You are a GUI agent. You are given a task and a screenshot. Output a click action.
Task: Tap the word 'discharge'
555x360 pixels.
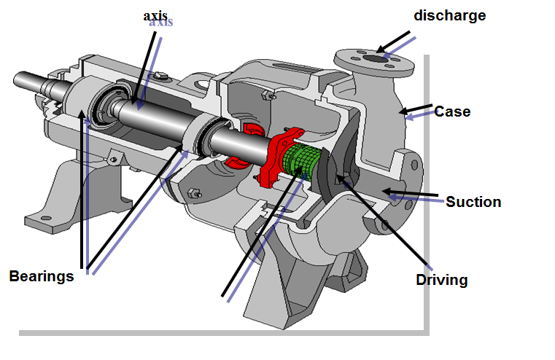pyautogui.click(x=449, y=15)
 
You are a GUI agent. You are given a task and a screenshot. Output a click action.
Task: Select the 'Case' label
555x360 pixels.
pyautogui.click(x=452, y=112)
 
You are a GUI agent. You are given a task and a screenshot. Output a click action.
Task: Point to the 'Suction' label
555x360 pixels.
pyautogui.click(x=473, y=202)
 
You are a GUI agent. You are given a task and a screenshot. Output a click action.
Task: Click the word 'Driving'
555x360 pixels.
pyautogui.click(x=441, y=280)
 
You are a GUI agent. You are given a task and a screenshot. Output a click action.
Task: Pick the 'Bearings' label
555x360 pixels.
pyautogui.click(x=42, y=277)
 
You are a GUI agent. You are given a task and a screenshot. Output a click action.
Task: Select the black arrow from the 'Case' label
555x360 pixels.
pyautogui.click(x=416, y=111)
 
